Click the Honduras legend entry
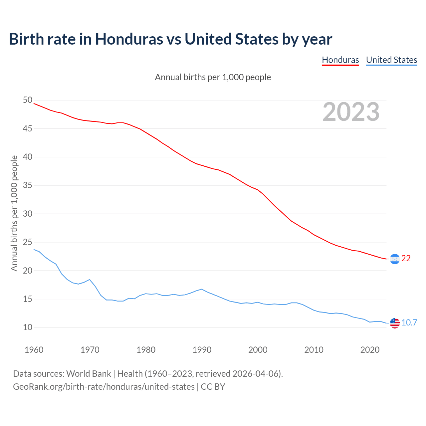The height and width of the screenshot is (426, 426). click(x=340, y=60)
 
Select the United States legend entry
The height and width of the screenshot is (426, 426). click(x=391, y=60)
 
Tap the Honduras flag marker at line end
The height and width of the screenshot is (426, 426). click(x=395, y=259)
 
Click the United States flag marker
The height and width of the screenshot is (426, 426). click(x=395, y=323)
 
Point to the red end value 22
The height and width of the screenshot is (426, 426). click(x=406, y=259)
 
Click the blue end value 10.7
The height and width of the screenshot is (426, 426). click(x=409, y=323)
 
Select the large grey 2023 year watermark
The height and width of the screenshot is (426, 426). click(x=351, y=112)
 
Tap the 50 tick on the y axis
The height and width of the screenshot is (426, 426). click(x=28, y=100)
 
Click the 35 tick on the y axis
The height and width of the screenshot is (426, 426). click(x=28, y=185)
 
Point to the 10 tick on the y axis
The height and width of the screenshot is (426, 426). click(x=28, y=327)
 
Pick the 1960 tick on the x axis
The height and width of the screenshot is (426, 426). click(x=34, y=350)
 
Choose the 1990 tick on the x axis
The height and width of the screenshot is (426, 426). click(x=202, y=350)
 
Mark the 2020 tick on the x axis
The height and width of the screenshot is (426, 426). click(x=370, y=350)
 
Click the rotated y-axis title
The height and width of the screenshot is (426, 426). click(x=14, y=213)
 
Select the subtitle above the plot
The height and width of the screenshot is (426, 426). click(x=213, y=77)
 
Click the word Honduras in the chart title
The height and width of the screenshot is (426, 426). click(x=129, y=39)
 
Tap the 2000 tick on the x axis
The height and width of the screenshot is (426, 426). click(x=258, y=350)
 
